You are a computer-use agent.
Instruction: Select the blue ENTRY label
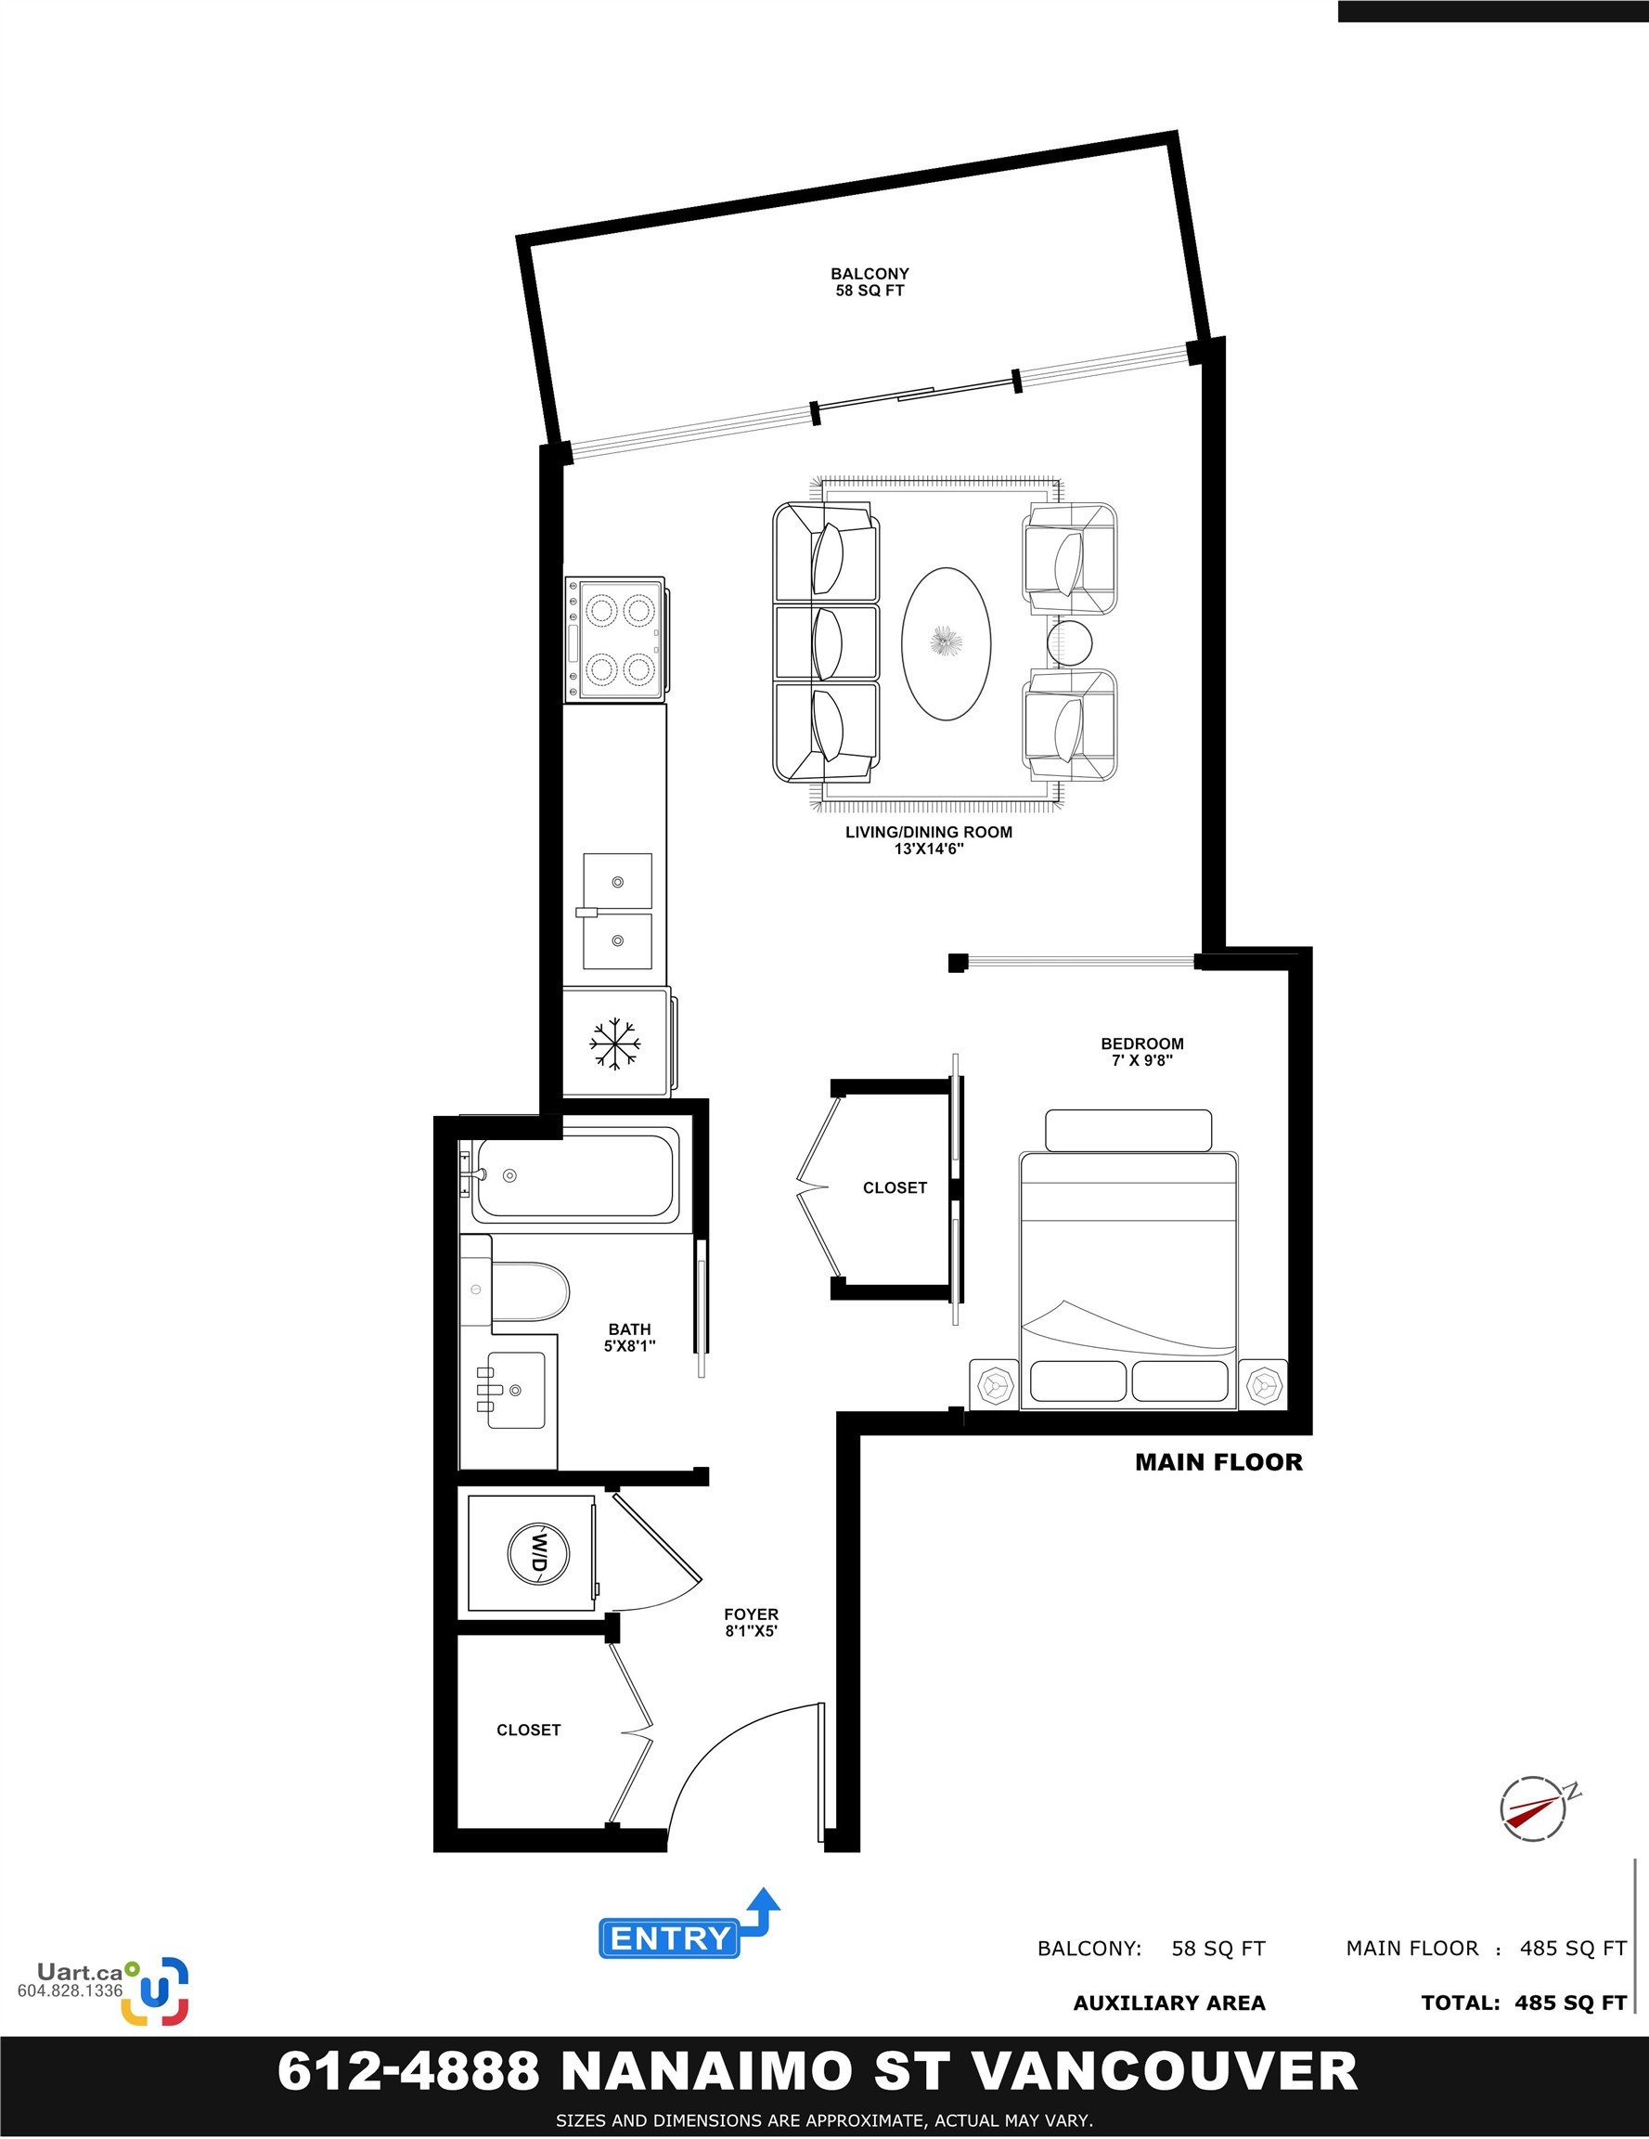670,1938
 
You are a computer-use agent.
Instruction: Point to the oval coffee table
946,643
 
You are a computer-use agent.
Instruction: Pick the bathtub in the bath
575,1175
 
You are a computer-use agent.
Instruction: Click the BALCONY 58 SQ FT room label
870,282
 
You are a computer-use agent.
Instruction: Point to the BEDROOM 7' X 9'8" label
1141,1052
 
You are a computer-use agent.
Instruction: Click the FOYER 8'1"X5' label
751,1622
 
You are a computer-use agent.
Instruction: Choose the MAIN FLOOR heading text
1218,1462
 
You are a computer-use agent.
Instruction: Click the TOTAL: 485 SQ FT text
1524,2003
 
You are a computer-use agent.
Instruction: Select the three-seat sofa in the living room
826,642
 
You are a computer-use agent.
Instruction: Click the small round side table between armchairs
1069,642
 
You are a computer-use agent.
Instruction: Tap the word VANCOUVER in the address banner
1166,2070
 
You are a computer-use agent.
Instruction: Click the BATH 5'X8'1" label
630,1337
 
